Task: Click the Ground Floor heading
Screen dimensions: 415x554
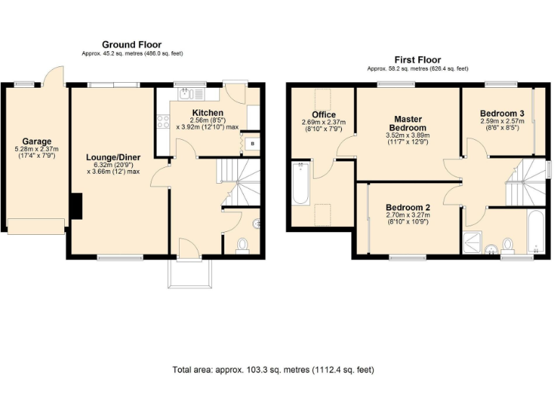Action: click(x=131, y=45)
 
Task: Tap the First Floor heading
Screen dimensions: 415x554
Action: click(x=418, y=60)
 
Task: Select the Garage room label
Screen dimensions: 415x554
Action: click(x=36, y=141)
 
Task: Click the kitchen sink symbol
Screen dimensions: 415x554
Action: click(x=185, y=92)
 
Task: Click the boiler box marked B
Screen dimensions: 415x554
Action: click(x=251, y=143)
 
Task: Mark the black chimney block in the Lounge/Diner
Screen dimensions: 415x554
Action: click(x=75, y=205)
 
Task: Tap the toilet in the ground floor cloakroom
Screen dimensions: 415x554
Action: click(x=242, y=245)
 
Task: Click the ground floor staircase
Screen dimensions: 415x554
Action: click(x=239, y=180)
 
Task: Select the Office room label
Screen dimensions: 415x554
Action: click(x=324, y=115)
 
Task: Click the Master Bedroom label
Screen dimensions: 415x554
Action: click(x=408, y=123)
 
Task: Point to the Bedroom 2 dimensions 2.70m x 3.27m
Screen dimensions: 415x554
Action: click(x=407, y=214)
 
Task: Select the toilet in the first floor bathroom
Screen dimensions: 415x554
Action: click(x=509, y=245)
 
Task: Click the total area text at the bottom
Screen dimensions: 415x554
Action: click(x=273, y=370)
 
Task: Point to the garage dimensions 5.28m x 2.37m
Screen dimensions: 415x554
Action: click(x=36, y=151)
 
